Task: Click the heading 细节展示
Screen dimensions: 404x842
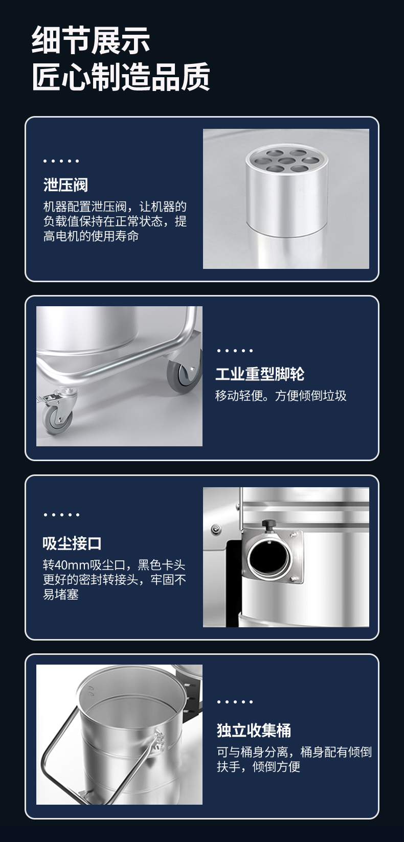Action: pos(91,40)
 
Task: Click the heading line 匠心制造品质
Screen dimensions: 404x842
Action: pos(121,77)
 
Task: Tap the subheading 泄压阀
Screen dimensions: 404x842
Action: pos(65,185)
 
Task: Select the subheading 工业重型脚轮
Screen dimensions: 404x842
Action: pos(260,374)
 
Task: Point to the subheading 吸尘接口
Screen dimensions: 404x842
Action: pos(72,543)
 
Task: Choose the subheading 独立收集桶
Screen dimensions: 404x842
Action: pos(254,731)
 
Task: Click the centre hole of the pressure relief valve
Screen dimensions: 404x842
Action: pos(287,161)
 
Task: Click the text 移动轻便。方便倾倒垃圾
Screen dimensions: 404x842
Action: pos(281,396)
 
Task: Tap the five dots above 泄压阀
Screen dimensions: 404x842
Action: pos(61,161)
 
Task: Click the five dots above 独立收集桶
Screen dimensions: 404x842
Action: pos(235,702)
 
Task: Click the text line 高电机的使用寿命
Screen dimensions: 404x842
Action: pos(91,236)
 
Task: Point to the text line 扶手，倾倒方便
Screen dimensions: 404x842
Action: pos(258,766)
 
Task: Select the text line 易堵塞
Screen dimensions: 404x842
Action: pos(60,594)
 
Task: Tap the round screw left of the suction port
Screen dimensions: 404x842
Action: pos(215,529)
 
